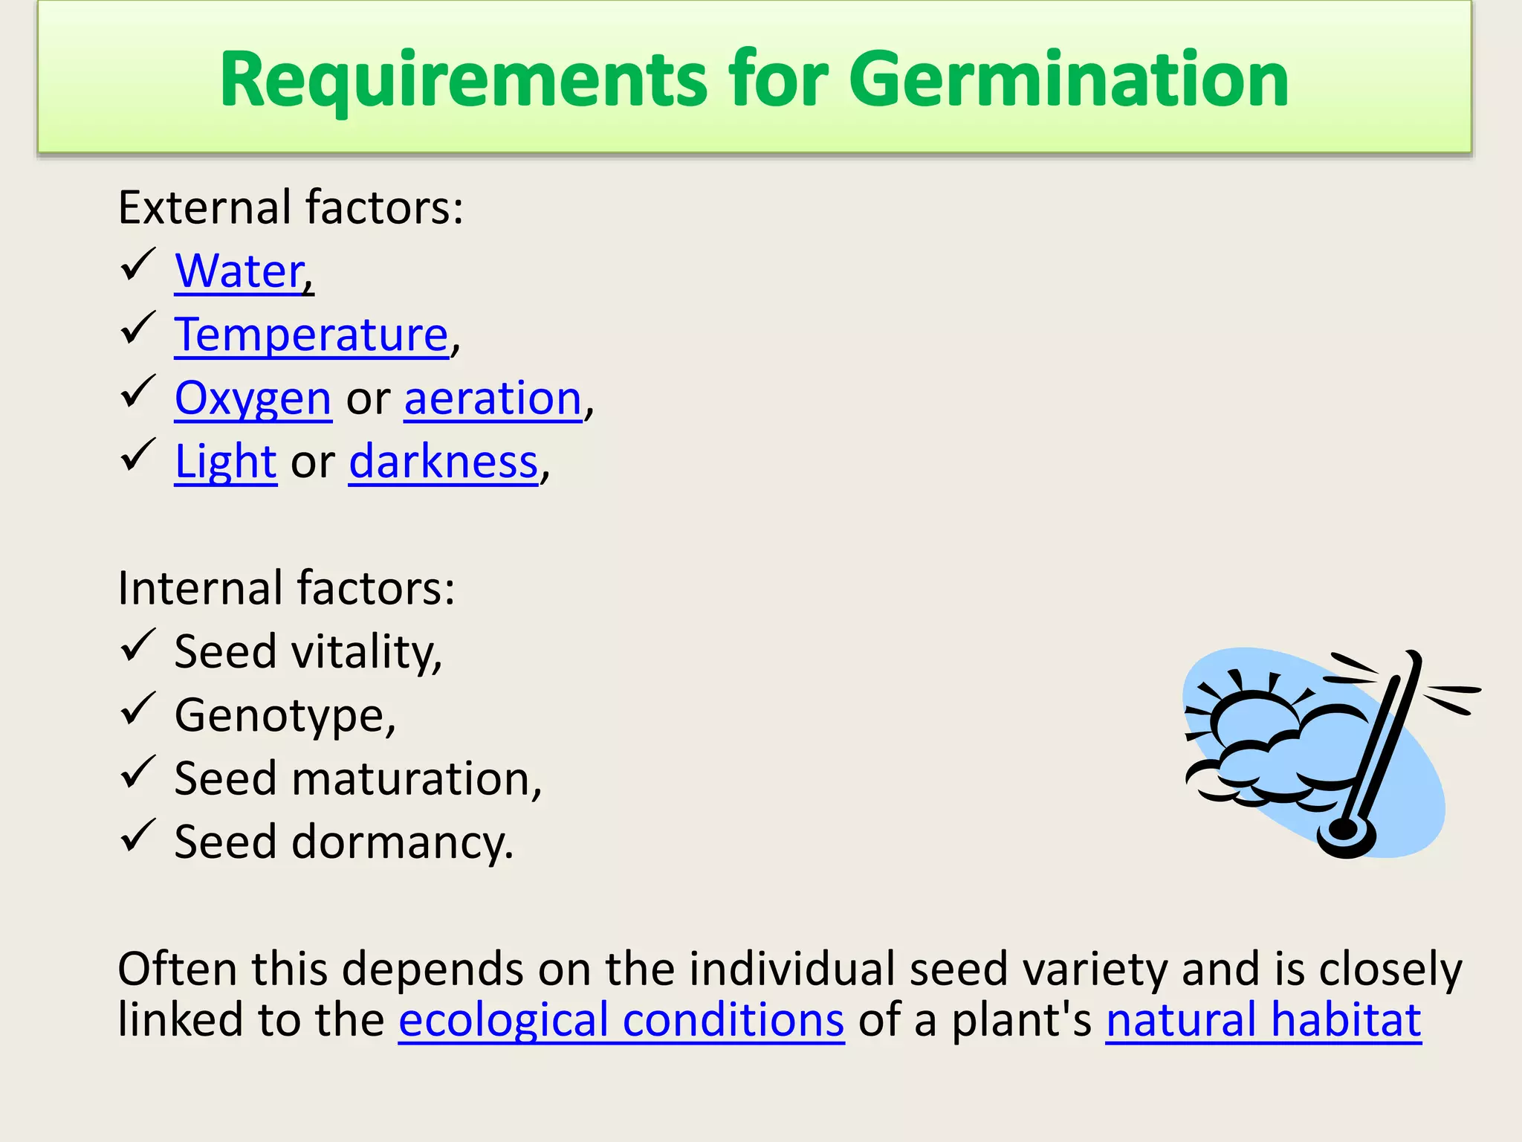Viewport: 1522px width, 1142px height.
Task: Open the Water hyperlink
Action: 240,271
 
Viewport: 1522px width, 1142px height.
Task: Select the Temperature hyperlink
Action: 311,335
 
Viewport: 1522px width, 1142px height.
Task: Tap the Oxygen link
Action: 253,399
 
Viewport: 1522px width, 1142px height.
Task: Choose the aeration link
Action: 493,399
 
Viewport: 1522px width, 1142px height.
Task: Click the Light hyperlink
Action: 225,462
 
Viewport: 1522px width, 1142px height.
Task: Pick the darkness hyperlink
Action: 443,462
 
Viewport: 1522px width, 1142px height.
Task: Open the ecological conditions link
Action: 621,1019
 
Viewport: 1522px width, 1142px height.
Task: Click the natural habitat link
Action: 1263,1019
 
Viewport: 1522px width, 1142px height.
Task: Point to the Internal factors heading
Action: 286,588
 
